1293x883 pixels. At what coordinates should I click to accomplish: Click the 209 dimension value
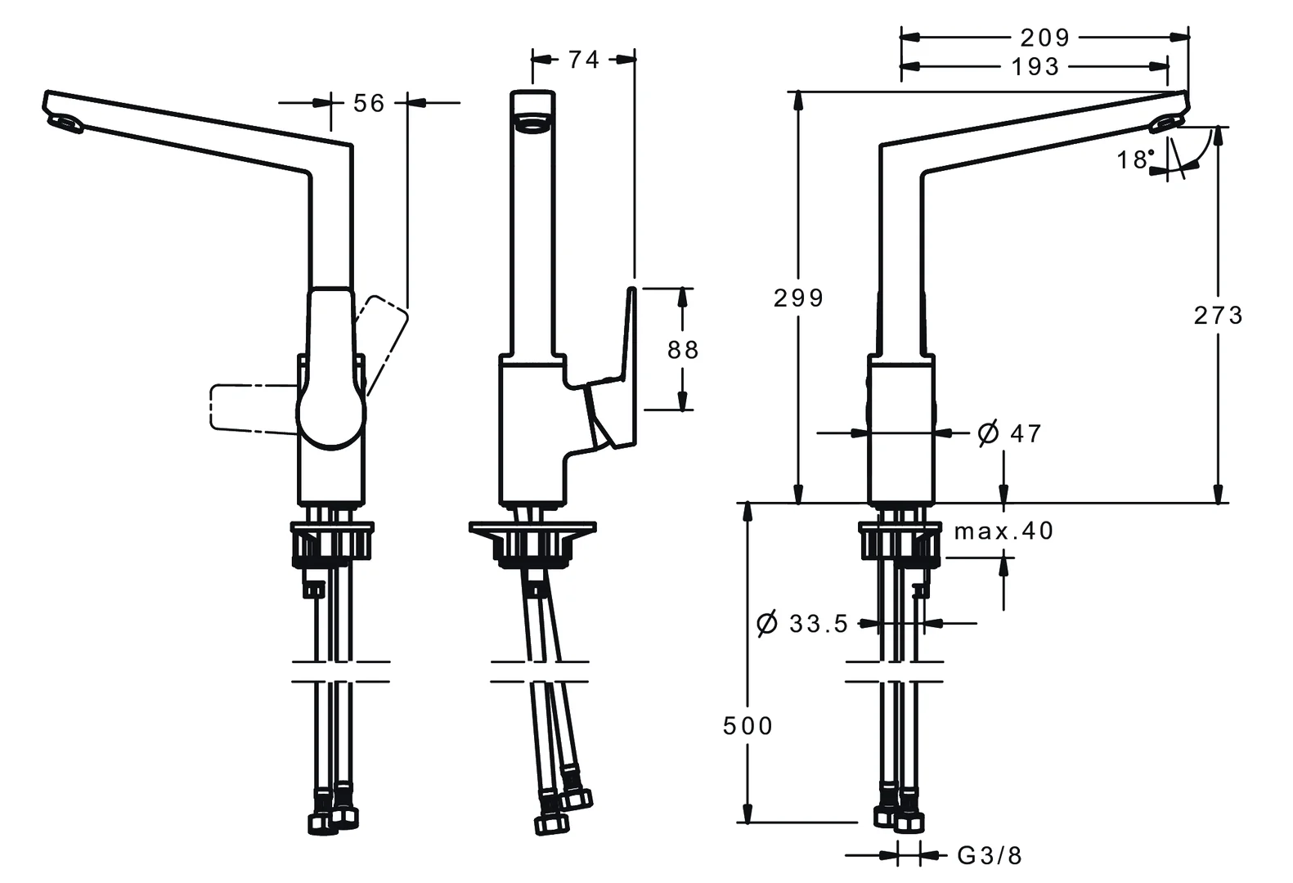click(1044, 38)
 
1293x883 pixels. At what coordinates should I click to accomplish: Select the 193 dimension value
click(1035, 67)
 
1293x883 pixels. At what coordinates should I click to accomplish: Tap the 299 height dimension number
click(798, 298)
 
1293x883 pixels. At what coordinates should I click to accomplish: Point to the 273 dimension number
click(1218, 315)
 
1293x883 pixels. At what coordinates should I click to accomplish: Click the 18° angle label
click(1135, 159)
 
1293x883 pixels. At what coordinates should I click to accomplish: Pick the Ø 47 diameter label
click(1010, 433)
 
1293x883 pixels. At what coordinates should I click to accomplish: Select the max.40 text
click(1003, 531)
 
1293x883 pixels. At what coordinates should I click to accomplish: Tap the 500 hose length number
click(748, 725)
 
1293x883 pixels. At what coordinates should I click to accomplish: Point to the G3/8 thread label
click(990, 856)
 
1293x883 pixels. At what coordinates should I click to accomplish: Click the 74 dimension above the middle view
click(584, 60)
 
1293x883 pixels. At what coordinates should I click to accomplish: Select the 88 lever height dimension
click(683, 350)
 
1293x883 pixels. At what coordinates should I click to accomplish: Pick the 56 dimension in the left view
click(369, 103)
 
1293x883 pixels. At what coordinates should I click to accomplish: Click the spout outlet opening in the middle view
click(532, 125)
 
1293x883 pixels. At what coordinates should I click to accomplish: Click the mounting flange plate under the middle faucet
click(532, 530)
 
